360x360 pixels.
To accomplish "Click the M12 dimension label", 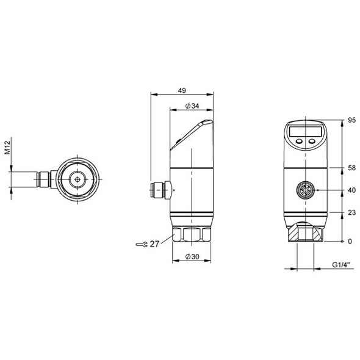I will pos(8,148).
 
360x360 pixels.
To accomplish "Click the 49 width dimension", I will pos(182,90).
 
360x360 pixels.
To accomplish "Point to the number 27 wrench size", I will pos(155,244).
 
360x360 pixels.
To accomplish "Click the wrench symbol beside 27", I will pos(142,244).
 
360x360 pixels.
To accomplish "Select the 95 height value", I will pos(351,121).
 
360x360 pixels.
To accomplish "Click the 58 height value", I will pos(351,167).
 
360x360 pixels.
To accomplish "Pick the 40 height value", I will pos(351,190).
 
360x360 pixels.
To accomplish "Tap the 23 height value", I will pos(351,212).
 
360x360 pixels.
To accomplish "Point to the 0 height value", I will pos(350,242).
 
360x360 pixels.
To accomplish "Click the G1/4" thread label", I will pos(342,265).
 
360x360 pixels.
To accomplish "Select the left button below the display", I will pos(300,142).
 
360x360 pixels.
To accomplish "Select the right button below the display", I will pos(311,142).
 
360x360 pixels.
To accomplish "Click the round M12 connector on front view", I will pos(305,190).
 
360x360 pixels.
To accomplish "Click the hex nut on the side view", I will pos(191,234).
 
